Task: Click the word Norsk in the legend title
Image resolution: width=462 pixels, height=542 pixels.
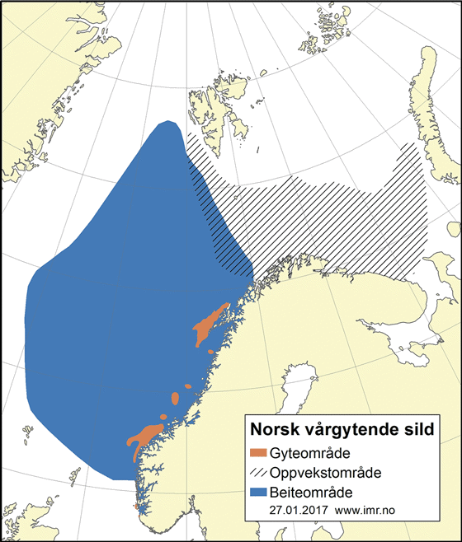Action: click(x=277, y=430)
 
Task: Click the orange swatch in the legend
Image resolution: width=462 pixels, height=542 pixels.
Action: click(x=259, y=454)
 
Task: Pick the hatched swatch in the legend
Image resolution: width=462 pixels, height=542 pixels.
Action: click(x=259, y=474)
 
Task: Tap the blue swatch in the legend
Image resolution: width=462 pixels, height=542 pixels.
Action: click(x=259, y=493)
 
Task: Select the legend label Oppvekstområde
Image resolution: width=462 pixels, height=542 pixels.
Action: click(x=324, y=474)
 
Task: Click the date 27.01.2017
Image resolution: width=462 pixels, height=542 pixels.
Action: click(x=298, y=511)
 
